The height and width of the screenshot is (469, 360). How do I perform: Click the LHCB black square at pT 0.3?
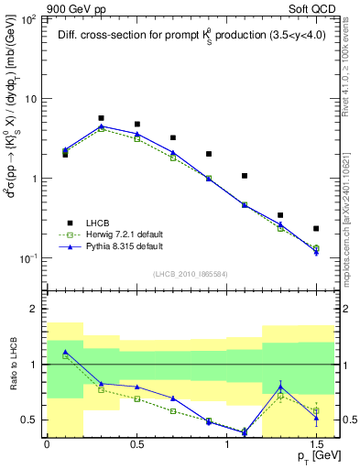[101, 118]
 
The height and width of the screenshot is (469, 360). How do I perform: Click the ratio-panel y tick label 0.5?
[29, 420]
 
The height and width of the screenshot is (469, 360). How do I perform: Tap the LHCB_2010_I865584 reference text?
[189, 274]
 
